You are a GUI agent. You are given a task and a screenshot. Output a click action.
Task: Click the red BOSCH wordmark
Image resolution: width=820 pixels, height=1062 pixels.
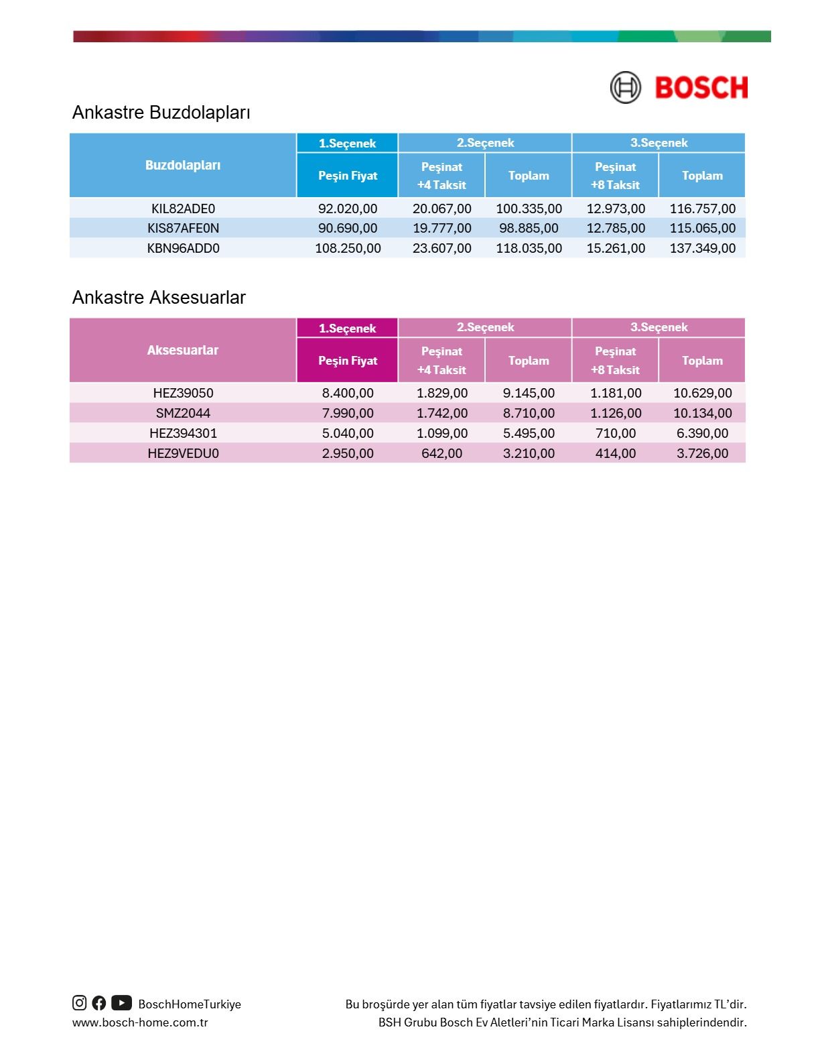[701, 88]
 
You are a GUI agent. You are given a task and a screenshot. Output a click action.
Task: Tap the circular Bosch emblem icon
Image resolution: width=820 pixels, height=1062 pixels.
[625, 88]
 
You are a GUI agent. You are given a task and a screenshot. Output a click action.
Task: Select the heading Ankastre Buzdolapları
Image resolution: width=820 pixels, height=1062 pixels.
[161, 112]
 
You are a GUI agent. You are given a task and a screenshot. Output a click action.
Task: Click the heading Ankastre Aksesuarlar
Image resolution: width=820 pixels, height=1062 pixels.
[159, 297]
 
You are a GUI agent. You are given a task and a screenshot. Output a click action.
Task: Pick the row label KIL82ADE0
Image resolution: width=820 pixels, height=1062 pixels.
[183, 209]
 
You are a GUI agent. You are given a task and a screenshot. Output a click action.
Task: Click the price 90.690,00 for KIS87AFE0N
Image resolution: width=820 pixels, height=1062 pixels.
[348, 228]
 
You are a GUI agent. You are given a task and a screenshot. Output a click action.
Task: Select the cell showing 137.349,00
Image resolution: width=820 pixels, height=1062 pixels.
[702, 248]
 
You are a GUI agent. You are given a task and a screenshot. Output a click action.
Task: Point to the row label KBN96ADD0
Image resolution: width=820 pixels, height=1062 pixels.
[183, 248]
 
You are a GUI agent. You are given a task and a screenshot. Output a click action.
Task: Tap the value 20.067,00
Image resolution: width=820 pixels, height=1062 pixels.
[441, 209]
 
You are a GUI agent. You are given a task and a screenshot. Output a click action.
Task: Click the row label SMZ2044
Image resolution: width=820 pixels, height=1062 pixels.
[183, 413]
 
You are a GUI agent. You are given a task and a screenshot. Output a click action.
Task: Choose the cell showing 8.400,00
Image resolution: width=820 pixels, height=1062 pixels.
[348, 393]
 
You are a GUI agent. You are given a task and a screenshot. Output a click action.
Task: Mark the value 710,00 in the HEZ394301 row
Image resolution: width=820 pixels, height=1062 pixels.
[615, 433]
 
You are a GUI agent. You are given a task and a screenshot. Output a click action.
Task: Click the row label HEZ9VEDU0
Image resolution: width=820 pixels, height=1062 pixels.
[183, 453]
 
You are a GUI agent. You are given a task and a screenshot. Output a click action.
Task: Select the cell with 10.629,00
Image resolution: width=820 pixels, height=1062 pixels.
[702, 393]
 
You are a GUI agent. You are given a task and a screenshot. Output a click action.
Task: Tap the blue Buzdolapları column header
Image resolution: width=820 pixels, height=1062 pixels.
[183, 165]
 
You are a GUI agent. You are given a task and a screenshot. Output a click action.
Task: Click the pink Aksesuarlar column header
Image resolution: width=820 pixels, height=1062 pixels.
[183, 350]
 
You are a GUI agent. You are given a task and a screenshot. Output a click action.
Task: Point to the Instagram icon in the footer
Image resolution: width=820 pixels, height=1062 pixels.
[80, 1003]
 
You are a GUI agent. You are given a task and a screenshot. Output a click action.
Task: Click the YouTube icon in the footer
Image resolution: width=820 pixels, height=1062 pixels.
[121, 1003]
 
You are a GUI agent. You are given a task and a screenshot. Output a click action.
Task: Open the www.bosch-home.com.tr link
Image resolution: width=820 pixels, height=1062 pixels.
[140, 1022]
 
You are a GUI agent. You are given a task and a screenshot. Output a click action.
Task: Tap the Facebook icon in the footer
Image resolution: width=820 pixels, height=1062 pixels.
[99, 1003]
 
